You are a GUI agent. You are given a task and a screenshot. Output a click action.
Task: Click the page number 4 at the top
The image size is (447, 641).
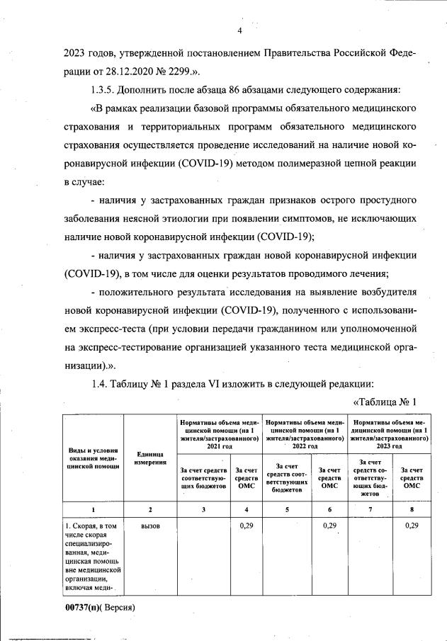[239, 30]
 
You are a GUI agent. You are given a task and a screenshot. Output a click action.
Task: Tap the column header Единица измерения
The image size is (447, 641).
[149, 458]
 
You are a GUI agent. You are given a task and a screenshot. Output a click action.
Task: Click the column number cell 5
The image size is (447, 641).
[287, 509]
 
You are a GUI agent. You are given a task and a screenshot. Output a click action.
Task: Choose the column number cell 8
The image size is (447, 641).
[407, 509]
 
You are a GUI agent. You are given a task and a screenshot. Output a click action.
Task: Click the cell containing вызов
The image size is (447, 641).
[150, 526]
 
